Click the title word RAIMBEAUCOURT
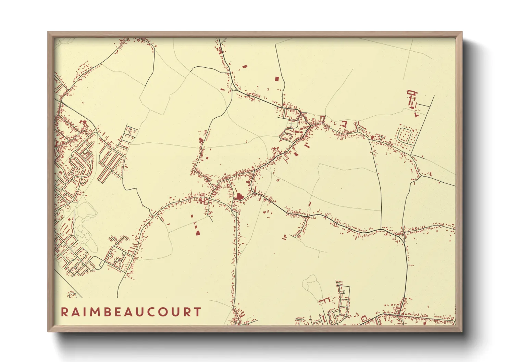(x=131, y=312)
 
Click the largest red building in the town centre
(x=238, y=196)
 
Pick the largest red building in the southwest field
(x=197, y=232)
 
